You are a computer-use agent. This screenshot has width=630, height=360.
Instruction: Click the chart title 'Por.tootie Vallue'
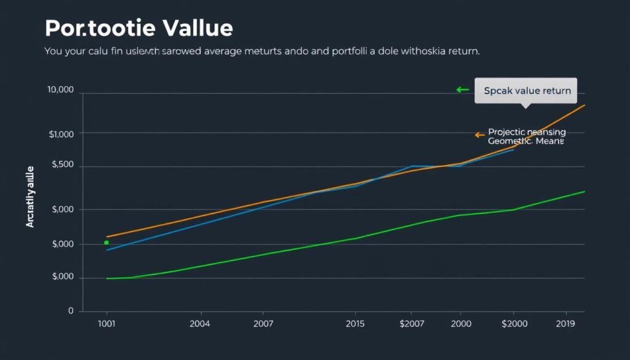click(x=139, y=28)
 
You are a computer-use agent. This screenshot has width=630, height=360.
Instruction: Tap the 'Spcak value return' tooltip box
click(x=526, y=90)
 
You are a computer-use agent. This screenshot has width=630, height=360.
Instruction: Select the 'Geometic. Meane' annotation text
click(x=525, y=141)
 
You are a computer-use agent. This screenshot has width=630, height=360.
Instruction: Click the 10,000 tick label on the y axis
click(x=60, y=90)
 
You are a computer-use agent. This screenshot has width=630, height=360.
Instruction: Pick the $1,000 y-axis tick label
click(x=61, y=134)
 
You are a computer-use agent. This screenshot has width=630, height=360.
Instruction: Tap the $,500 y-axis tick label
click(x=62, y=166)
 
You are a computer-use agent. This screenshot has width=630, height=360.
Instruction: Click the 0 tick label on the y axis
click(x=71, y=311)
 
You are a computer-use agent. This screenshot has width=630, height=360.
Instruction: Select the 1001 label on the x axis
click(x=106, y=324)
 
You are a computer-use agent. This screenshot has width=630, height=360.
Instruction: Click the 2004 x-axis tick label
click(x=201, y=324)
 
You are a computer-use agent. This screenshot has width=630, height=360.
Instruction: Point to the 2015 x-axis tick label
click(x=355, y=324)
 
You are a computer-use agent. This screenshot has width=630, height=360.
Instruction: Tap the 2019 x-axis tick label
click(x=565, y=324)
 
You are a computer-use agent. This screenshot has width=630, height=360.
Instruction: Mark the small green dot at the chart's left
click(x=106, y=242)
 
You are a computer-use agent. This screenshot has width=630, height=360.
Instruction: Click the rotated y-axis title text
click(x=30, y=196)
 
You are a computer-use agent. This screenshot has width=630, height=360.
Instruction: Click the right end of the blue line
click(x=512, y=150)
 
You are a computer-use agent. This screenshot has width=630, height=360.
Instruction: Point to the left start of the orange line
click(x=108, y=237)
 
